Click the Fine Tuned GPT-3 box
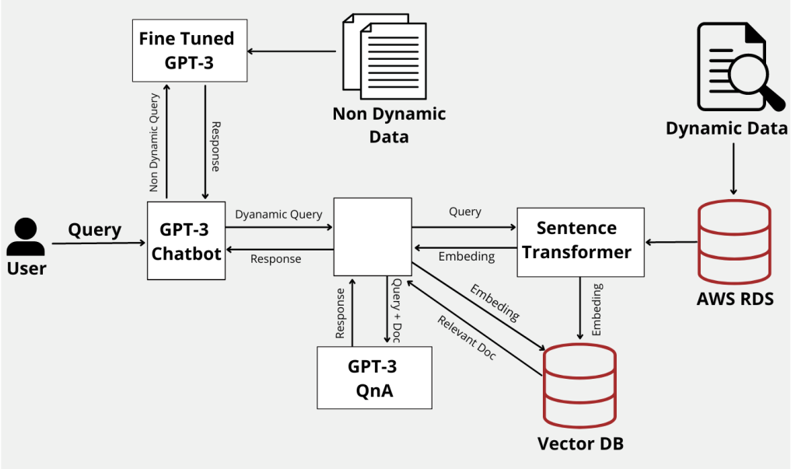[x=190, y=51]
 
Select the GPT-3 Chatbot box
[x=186, y=240]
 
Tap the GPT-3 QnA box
[x=375, y=378]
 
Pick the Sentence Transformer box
[x=580, y=241]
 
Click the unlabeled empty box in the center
[x=373, y=236]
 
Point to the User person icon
[x=26, y=236]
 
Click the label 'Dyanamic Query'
[x=278, y=214]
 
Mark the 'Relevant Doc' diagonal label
[x=467, y=338]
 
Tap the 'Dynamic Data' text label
[x=726, y=128]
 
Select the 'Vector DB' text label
[x=580, y=444]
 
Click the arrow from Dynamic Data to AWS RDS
[x=731, y=167]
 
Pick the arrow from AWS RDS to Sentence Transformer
[x=671, y=243]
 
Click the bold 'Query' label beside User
[x=95, y=229]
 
